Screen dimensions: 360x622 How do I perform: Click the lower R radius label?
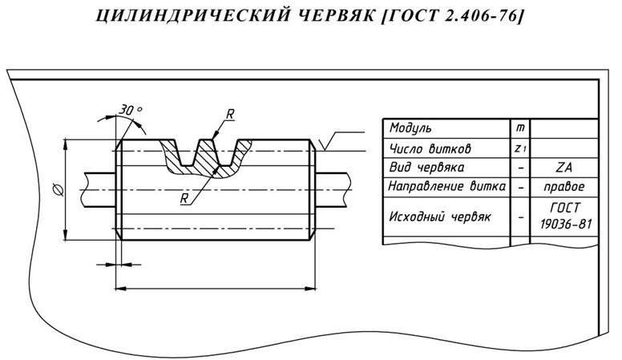coord(185,197)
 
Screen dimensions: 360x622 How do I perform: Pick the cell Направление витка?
coord(446,187)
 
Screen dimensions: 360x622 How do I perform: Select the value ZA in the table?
coord(566,168)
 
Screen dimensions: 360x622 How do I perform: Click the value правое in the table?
coord(566,187)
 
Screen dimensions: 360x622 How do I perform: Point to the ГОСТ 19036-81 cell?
coord(566,216)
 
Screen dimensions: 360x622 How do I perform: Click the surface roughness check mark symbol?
coord(324,144)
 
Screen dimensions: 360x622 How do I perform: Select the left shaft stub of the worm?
coord(100,188)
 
